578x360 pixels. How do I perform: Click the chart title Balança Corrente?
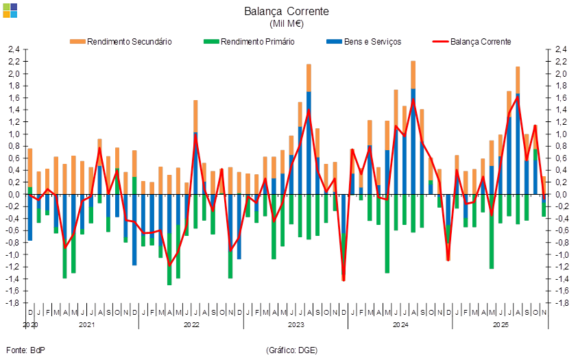click(287, 12)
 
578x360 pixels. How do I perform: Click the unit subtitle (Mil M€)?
click(287, 24)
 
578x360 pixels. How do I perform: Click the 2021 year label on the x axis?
click(86, 325)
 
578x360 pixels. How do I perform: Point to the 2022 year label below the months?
click(191, 325)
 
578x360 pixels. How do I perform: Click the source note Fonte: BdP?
click(25, 350)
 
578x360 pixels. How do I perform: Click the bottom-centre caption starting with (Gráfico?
click(291, 350)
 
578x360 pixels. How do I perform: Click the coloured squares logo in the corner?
click(10, 10)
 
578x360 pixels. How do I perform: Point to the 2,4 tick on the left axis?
click(14, 50)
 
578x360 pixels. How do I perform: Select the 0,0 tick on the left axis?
click(14, 195)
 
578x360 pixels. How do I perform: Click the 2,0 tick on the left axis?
click(14, 74)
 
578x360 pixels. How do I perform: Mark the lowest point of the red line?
click(344, 279)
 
